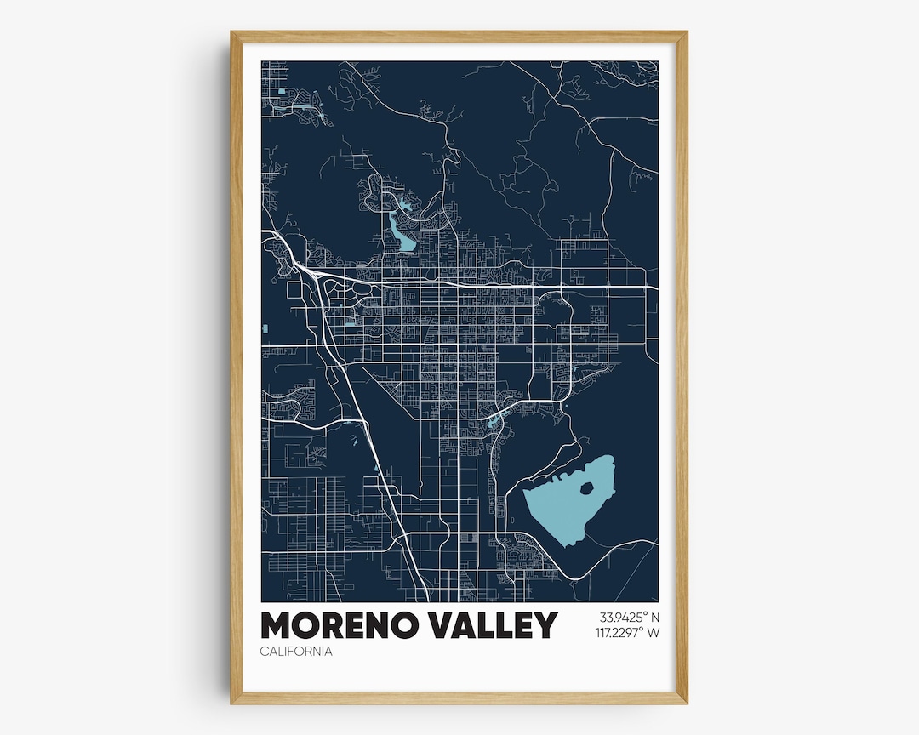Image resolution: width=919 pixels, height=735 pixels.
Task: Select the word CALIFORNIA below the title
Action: pos(296,652)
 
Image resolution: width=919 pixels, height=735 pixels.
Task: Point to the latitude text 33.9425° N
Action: pos(630,617)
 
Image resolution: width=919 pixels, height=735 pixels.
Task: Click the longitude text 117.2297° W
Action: pos(629,632)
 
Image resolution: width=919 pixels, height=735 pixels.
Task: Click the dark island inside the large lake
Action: pos(586,488)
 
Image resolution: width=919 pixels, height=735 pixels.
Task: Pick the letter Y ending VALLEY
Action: pos(544,625)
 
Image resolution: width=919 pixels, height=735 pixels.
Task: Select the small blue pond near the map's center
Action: pos(494,419)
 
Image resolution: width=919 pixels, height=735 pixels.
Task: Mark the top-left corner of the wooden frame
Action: pos(232,33)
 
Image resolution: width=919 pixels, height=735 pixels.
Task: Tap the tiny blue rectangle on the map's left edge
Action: pos(265,328)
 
